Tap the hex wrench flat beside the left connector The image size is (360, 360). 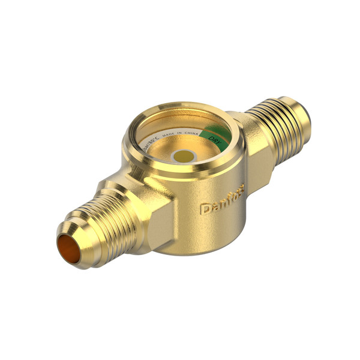pos(159,222)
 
